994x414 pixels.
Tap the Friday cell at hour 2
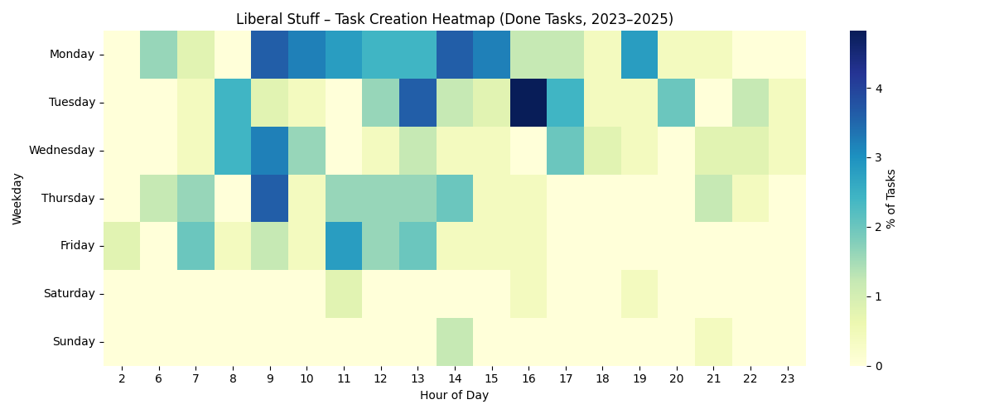122,246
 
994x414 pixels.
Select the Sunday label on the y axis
75,341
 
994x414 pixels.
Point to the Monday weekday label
74,55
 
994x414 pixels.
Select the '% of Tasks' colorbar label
891,198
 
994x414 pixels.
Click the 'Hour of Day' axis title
454,395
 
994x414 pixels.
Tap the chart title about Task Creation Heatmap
454,19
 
